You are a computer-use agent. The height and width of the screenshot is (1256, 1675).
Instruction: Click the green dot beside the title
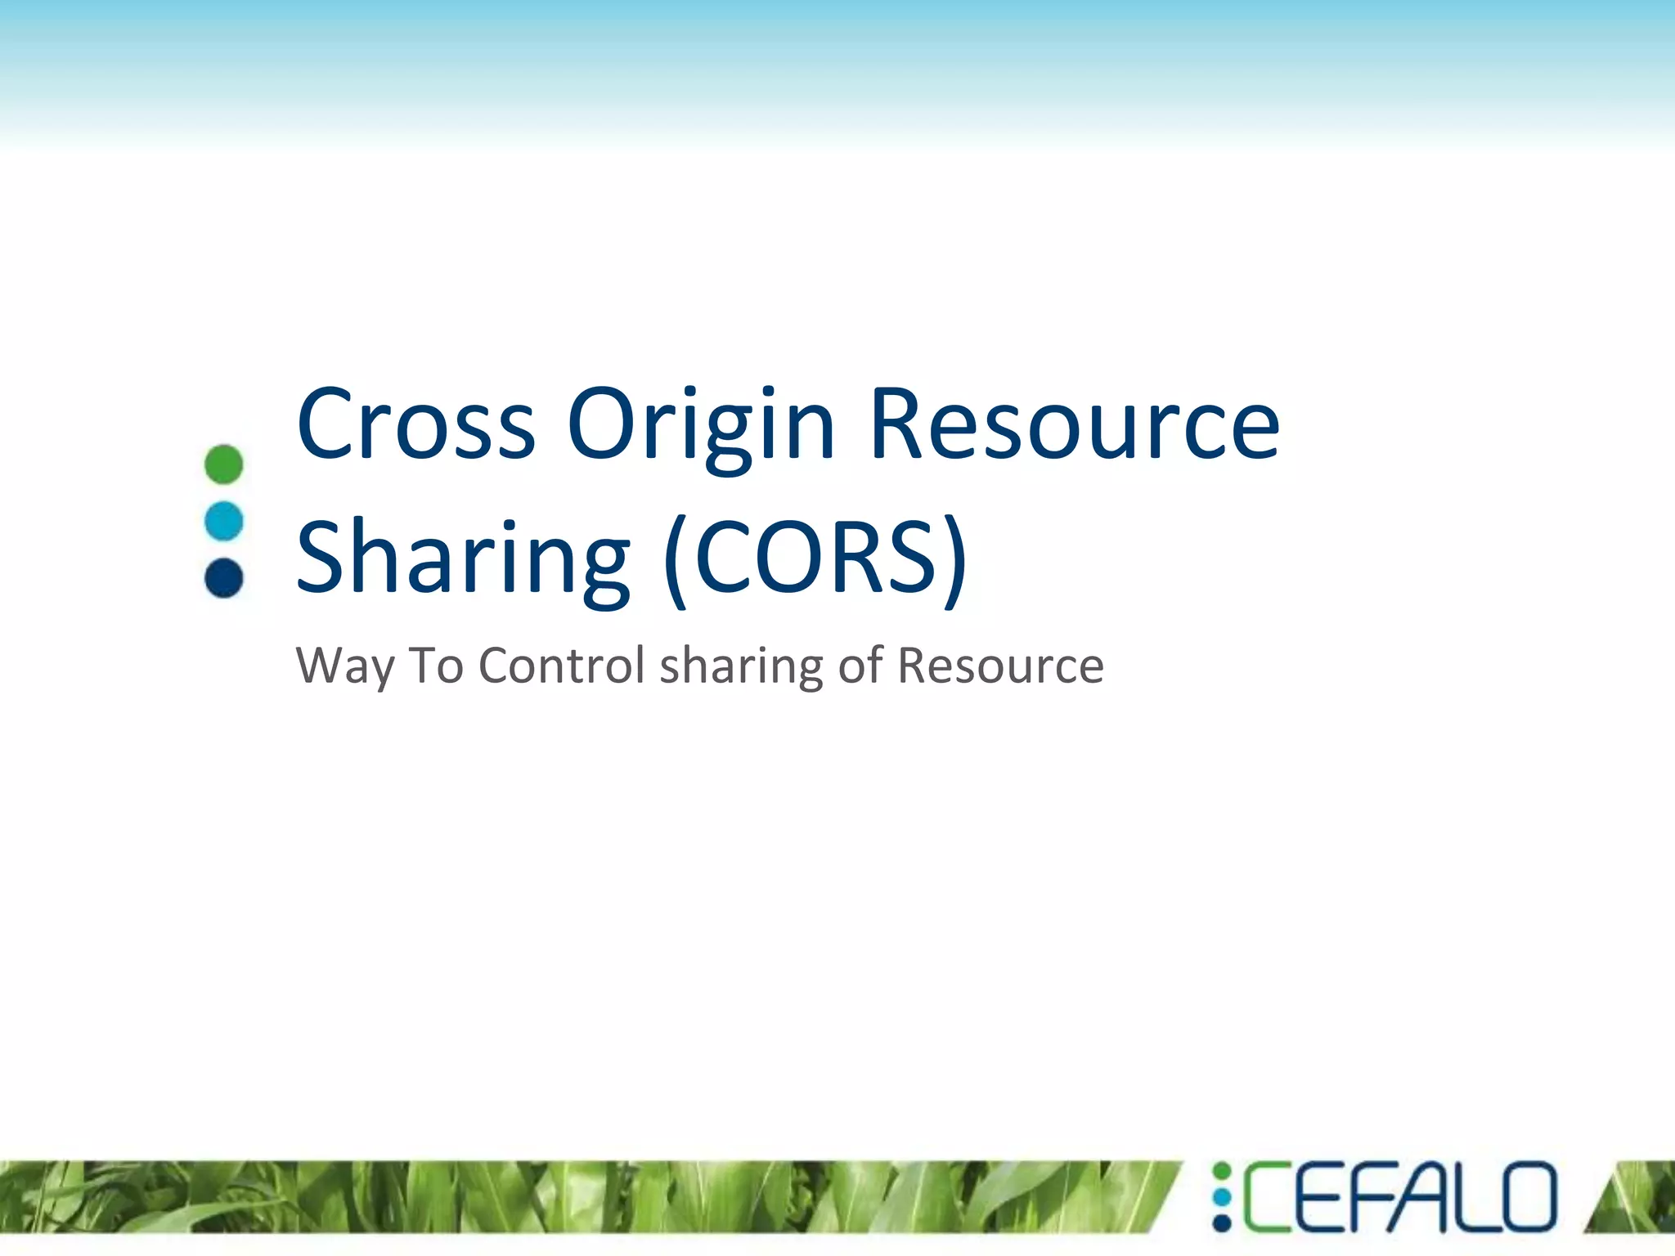[223, 464]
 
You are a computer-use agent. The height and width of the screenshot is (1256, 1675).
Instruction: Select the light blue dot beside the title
[223, 521]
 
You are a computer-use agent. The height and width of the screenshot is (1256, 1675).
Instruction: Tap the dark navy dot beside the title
[223, 578]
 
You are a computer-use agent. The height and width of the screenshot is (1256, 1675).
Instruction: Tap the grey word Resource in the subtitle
[1000, 665]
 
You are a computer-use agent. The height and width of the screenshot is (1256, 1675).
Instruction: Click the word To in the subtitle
[436, 665]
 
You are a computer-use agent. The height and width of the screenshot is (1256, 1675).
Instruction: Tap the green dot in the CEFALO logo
[1222, 1172]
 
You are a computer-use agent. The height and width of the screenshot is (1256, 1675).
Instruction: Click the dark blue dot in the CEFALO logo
[1222, 1223]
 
